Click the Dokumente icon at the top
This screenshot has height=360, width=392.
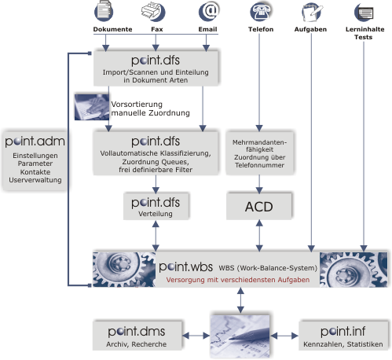click(104, 11)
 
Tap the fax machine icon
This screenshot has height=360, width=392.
click(153, 12)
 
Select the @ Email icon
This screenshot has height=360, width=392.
click(209, 11)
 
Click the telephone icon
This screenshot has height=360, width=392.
click(261, 12)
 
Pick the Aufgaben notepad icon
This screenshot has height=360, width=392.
click(312, 12)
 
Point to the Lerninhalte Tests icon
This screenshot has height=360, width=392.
click(364, 12)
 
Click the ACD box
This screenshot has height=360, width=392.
click(259, 207)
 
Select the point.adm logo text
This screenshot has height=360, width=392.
click(35, 141)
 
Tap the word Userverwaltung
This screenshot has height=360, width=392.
click(35, 180)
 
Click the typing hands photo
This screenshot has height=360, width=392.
click(92, 107)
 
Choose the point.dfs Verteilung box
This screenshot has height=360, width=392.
click(156, 206)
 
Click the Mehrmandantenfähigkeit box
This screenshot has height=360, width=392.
click(259, 153)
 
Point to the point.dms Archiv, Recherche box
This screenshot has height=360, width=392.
click(137, 336)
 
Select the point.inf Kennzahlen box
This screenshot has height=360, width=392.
click(343, 336)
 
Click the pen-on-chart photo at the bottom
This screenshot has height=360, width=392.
click(240, 336)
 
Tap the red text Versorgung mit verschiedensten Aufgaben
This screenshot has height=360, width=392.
click(238, 280)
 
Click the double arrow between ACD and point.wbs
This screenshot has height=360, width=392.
click(259, 236)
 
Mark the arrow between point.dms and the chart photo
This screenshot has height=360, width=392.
click(196, 336)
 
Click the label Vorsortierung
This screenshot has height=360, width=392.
click(137, 105)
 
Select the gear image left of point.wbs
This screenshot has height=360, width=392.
click(124, 270)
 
